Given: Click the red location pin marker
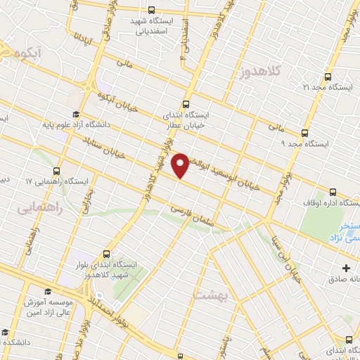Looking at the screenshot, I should (x=181, y=165).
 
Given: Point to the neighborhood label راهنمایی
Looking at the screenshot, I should (x=39, y=209).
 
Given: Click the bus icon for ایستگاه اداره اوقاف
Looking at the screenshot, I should (x=333, y=192).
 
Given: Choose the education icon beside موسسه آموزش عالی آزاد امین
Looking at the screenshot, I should (x=47, y=292).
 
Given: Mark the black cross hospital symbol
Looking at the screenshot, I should (x=346, y=267).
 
